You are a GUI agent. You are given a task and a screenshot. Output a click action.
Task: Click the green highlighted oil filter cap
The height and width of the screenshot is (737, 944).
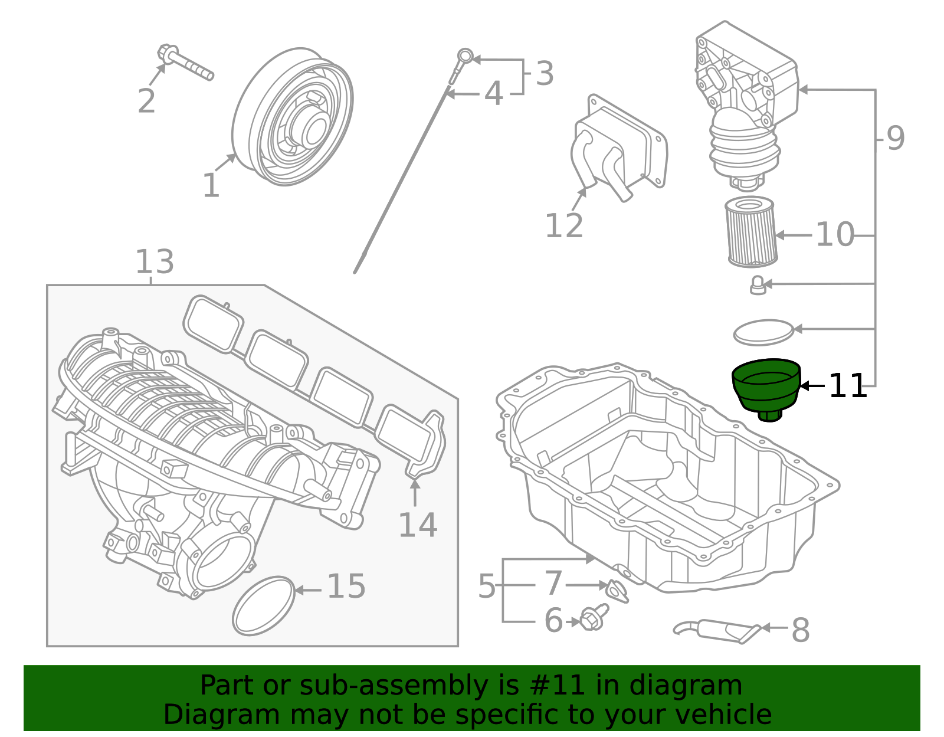coord(765,386)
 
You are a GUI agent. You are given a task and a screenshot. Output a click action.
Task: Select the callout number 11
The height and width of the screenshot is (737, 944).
coord(847,386)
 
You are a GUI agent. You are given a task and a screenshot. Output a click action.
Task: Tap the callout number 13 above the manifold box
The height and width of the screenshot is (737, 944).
coord(155,261)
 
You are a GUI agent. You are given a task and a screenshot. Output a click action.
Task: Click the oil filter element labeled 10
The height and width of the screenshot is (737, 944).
coord(750,232)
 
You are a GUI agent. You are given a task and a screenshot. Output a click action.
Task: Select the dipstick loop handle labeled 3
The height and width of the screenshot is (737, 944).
coord(466,57)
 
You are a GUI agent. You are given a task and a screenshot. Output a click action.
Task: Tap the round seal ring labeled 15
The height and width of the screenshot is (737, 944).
coord(263,605)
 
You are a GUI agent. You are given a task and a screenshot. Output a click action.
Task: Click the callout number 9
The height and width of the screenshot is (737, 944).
coord(895,139)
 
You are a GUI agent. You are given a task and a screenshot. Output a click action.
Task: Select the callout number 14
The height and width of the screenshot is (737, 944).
coord(417,525)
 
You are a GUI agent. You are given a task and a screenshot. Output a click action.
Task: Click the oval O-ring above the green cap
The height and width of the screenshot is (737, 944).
coord(763,333)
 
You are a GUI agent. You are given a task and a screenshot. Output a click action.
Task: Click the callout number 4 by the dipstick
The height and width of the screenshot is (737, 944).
coord(493,94)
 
